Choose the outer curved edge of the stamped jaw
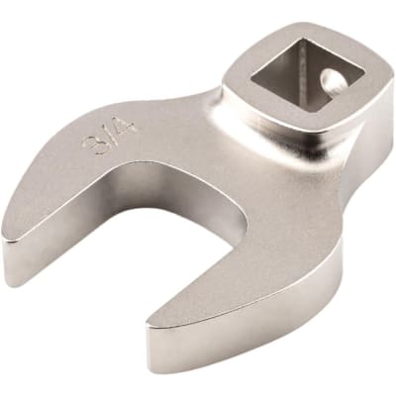pos(59,148)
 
